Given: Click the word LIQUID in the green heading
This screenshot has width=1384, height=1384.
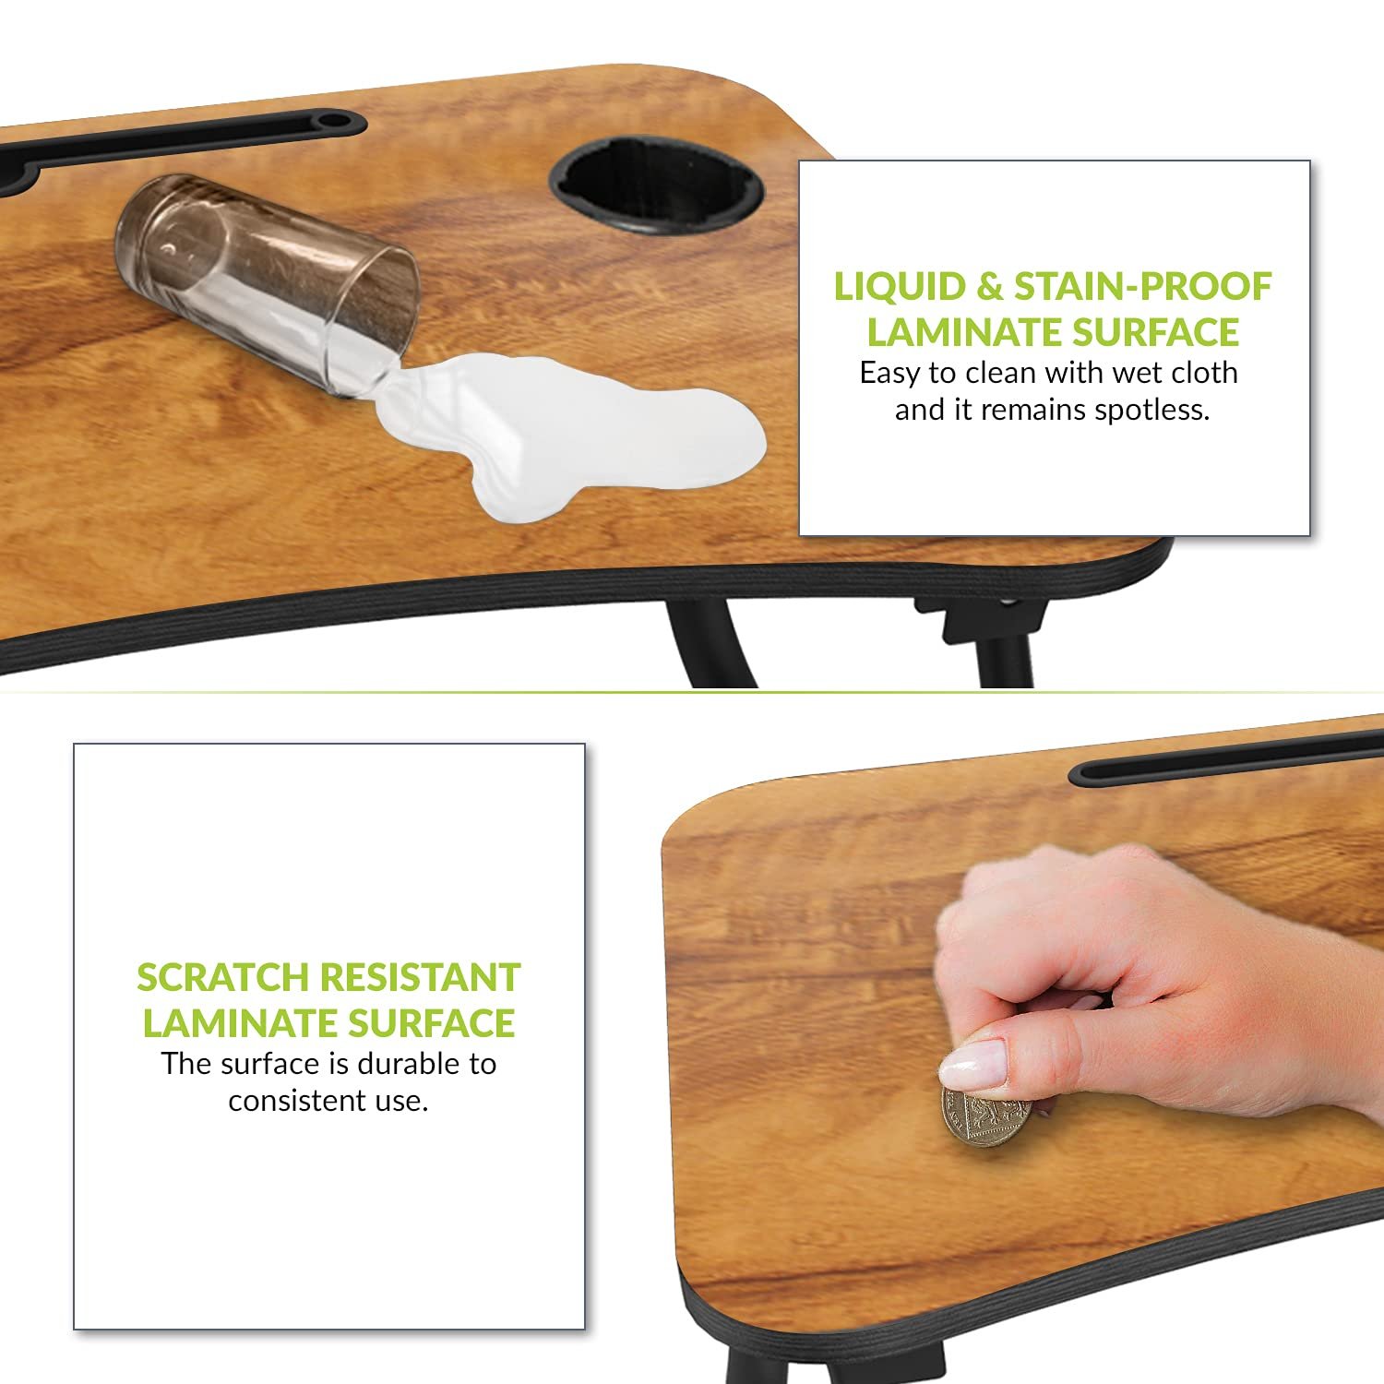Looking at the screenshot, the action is click(900, 287).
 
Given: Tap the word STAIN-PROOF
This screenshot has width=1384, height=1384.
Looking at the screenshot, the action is click(1143, 287).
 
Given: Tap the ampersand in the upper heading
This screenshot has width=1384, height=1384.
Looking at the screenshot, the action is click(990, 287).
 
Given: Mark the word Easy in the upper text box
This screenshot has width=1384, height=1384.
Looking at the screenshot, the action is click(889, 374).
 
